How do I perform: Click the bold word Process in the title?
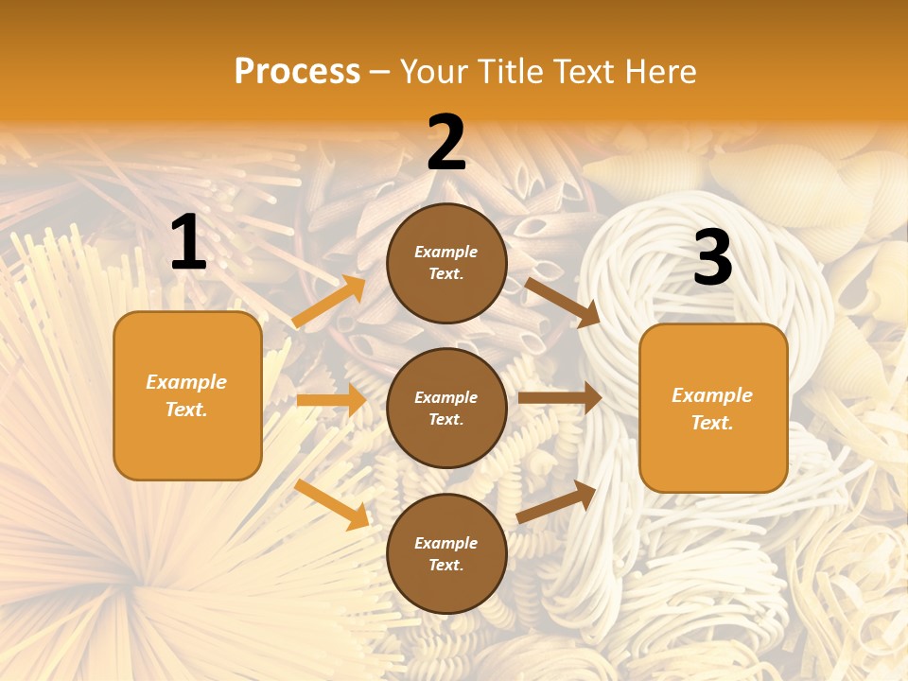click(297, 72)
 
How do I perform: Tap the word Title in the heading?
click(508, 72)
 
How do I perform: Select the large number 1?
click(188, 243)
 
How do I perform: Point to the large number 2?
click(446, 144)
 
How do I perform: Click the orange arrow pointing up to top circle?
click(329, 302)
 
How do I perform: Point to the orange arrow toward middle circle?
click(331, 400)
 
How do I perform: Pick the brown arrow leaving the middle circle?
click(560, 398)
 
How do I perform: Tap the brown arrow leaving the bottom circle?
click(556, 501)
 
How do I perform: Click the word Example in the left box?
click(186, 382)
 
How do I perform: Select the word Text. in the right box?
click(712, 423)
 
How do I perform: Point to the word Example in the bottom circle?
click(446, 543)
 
